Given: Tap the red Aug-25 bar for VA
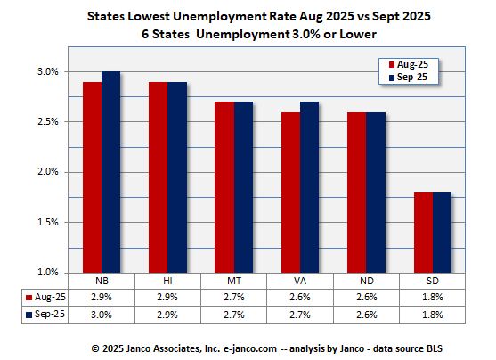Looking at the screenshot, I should (290, 192).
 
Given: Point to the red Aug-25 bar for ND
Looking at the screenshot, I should (357, 192).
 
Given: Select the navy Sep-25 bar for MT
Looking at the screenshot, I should (243, 186).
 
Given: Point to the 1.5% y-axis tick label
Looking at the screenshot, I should (47, 222).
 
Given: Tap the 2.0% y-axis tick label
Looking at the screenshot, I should (47, 172).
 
